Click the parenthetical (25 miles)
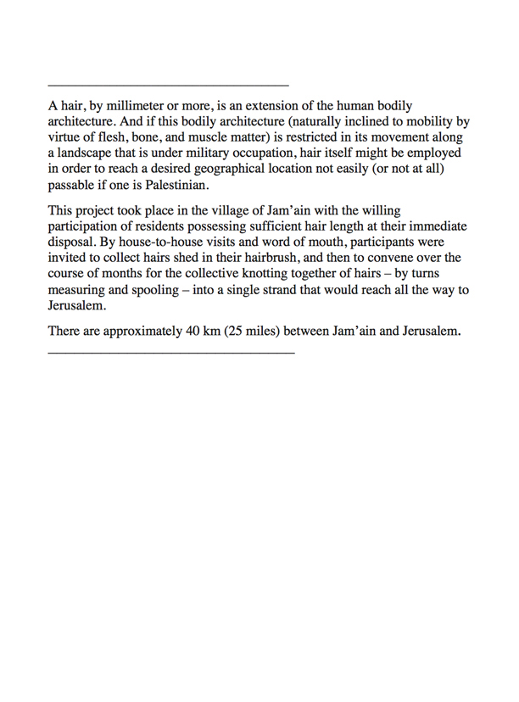[x=256, y=331]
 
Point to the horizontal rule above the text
[x=169, y=86]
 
